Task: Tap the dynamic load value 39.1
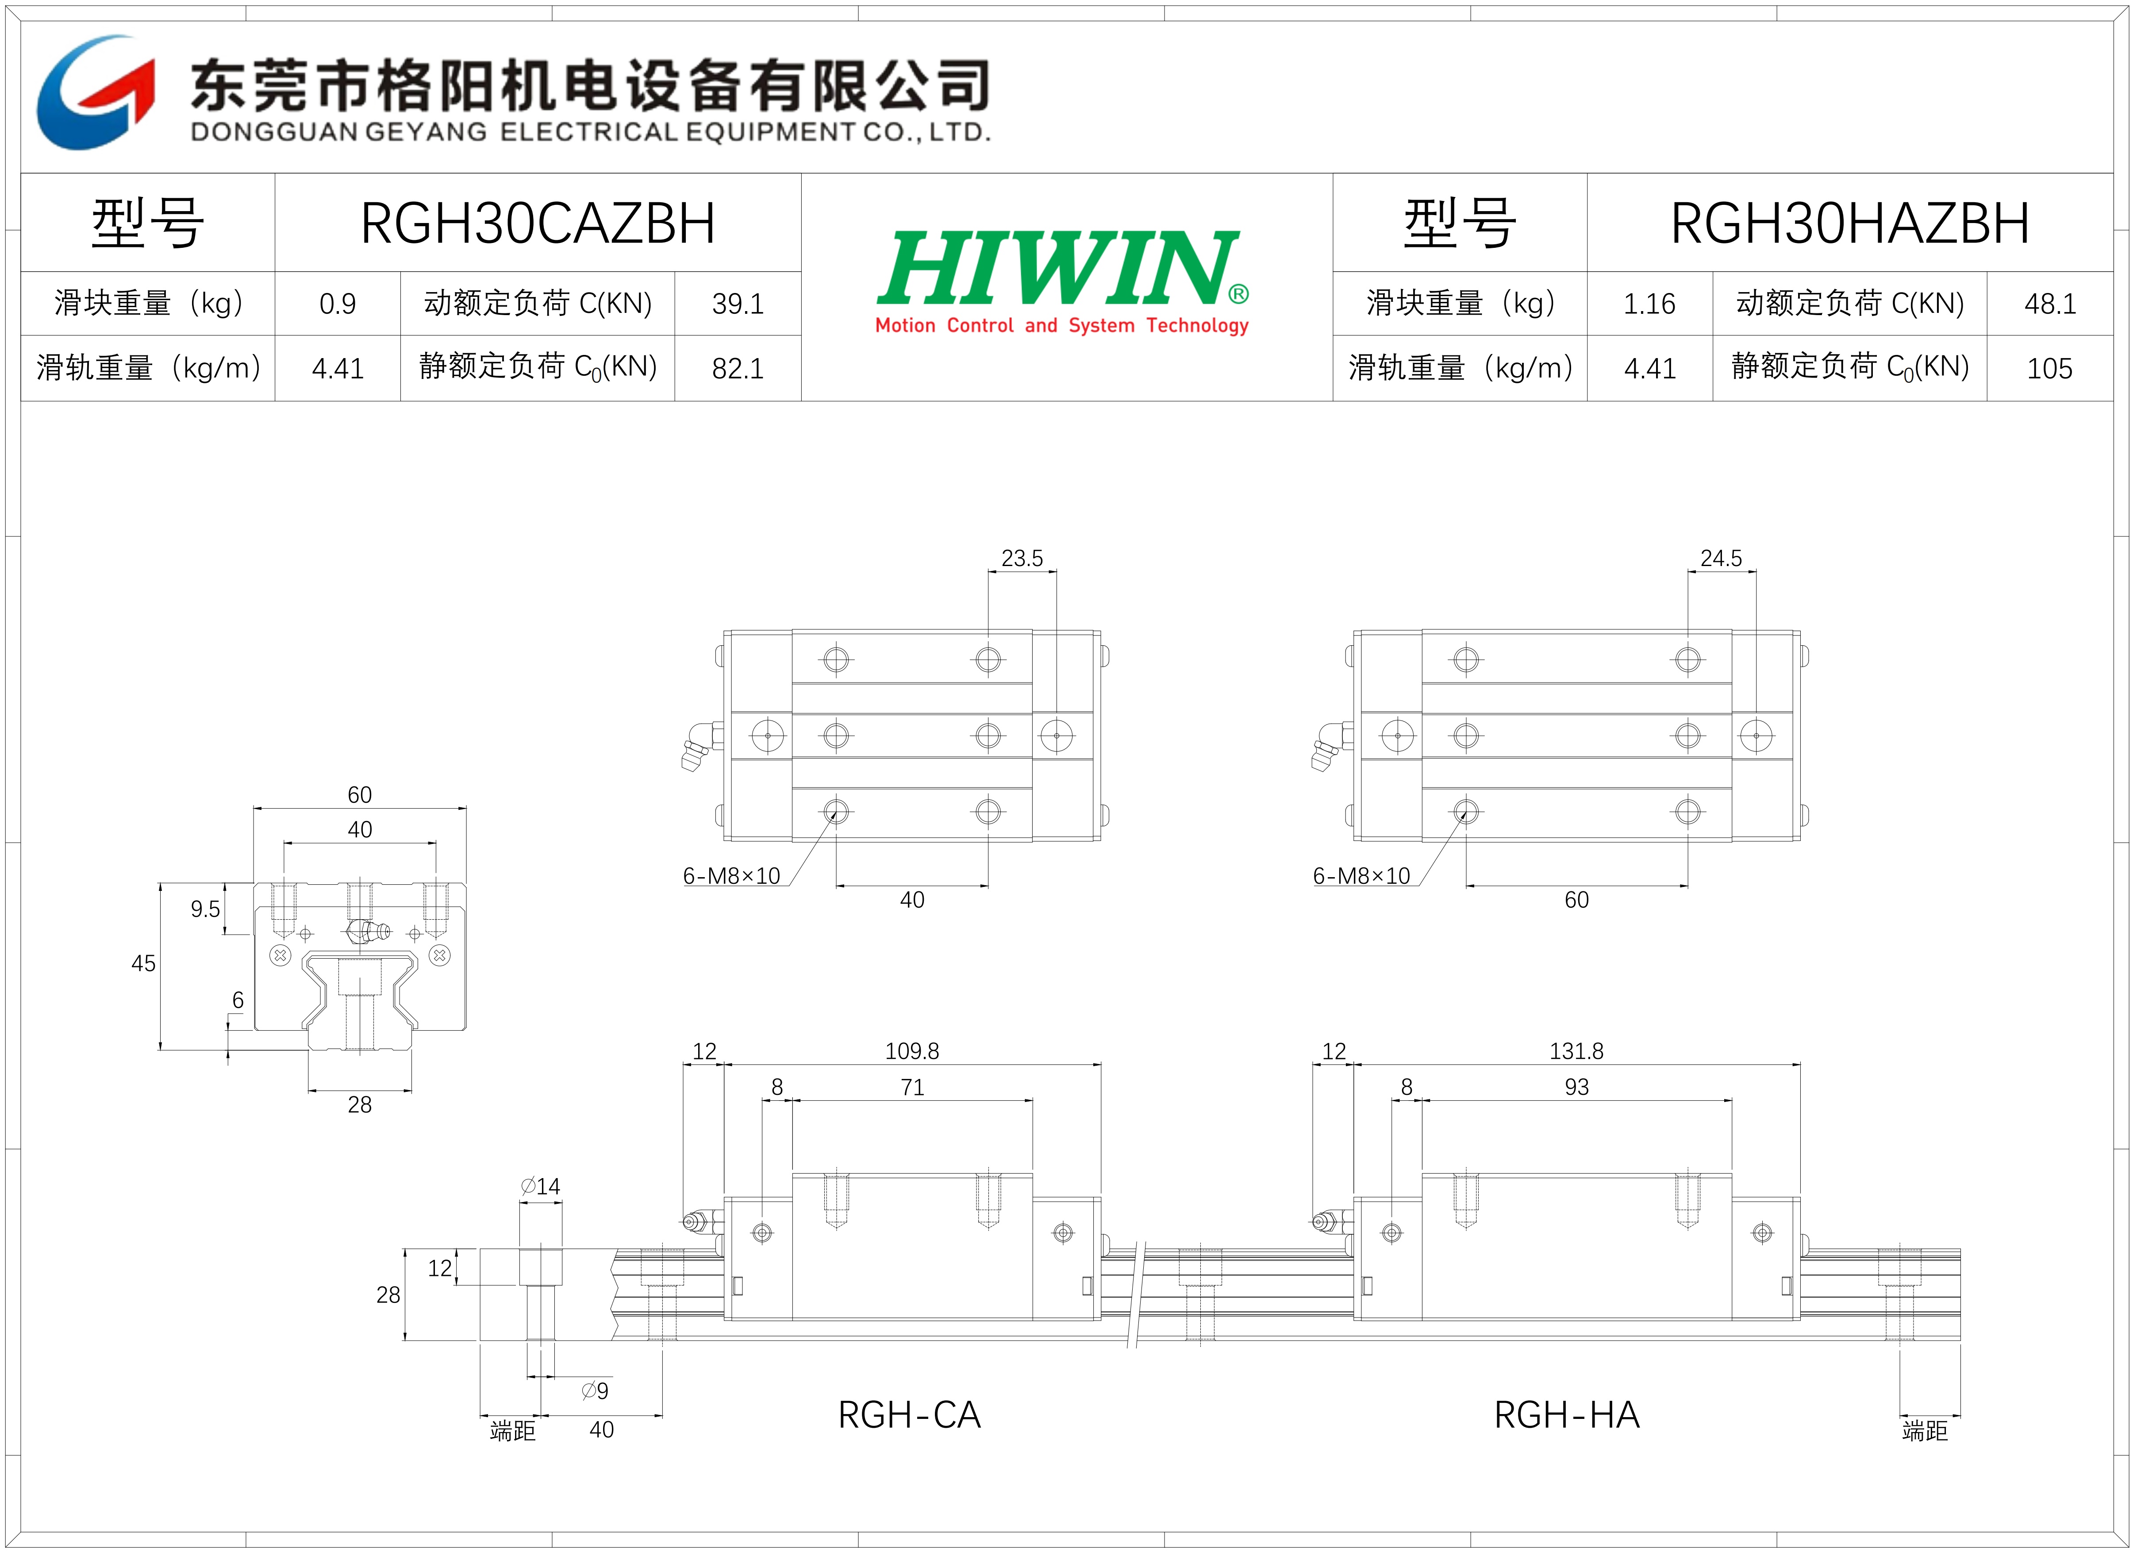click(738, 304)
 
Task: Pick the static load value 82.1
click(738, 369)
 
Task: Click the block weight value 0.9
click(337, 304)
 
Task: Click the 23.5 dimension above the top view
click(1022, 558)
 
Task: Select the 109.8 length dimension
click(912, 1051)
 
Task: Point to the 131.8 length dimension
click(1576, 1051)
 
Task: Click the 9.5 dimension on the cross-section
click(205, 909)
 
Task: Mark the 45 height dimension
click(143, 963)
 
